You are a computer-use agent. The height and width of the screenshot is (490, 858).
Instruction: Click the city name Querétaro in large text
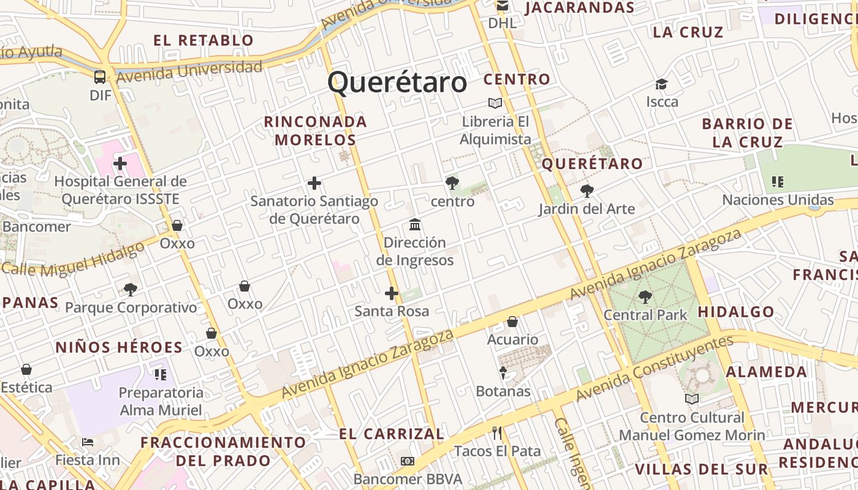[x=397, y=82]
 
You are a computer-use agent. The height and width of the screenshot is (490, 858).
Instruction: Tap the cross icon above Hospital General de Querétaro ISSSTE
[x=120, y=164]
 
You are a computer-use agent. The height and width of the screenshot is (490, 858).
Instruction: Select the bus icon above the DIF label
[x=100, y=77]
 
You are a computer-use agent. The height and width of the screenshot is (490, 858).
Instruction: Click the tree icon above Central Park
[x=645, y=297]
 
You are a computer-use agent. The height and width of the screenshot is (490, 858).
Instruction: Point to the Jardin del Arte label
[x=587, y=209]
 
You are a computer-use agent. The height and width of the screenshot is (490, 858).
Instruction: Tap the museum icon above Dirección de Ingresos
[x=415, y=224]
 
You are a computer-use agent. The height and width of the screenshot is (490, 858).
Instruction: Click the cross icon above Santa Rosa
[x=392, y=293]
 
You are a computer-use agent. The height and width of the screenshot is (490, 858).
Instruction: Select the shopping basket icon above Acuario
[x=512, y=322]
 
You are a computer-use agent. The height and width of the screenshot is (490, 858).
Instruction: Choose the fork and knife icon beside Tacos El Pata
[x=497, y=433]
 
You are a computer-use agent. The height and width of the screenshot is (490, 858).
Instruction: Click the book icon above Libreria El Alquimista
[x=495, y=103]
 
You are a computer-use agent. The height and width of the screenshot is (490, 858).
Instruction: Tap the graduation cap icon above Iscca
[x=661, y=84]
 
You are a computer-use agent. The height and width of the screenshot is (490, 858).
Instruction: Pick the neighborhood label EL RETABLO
[x=203, y=40]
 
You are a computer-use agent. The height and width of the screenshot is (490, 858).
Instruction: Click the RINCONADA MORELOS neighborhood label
[x=315, y=130]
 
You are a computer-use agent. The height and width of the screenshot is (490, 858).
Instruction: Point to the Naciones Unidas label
[x=778, y=200]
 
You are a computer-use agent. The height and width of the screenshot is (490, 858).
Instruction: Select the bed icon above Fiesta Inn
[x=88, y=442]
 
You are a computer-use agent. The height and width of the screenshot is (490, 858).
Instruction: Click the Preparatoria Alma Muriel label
[x=161, y=401]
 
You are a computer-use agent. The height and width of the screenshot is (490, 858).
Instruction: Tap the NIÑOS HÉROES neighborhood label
[x=119, y=347]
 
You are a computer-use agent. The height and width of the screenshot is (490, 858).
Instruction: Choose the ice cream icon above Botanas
[x=503, y=372]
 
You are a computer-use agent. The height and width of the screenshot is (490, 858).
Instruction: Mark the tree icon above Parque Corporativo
[x=130, y=289]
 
